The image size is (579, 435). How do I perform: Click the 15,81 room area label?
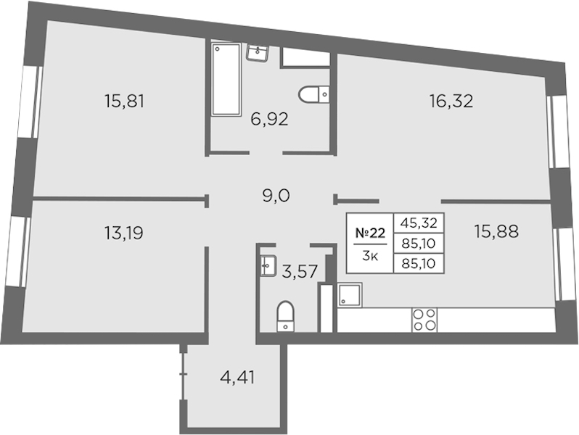point(124,101)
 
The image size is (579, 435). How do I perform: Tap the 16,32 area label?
point(451,101)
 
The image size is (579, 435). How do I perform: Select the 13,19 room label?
point(123,233)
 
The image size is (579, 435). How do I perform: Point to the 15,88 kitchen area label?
point(497,231)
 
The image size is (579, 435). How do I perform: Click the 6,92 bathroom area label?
point(269,119)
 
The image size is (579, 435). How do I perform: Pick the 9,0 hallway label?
point(276,196)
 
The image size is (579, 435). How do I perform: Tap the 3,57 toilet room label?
point(300,272)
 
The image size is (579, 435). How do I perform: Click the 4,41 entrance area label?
point(237,378)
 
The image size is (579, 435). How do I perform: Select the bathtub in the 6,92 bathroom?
point(226,79)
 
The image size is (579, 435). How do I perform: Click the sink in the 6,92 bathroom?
point(258,53)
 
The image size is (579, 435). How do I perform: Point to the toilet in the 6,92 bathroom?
point(314,94)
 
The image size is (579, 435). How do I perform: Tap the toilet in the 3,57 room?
point(285,316)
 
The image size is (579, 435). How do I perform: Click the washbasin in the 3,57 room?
point(268,266)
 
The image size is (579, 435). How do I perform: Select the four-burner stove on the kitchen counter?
point(424,320)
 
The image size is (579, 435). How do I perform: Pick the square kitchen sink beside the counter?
point(349,295)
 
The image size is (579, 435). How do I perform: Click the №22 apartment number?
point(370,233)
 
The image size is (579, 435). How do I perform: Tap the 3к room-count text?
point(369,256)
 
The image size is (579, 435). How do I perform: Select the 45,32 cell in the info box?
point(419,223)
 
